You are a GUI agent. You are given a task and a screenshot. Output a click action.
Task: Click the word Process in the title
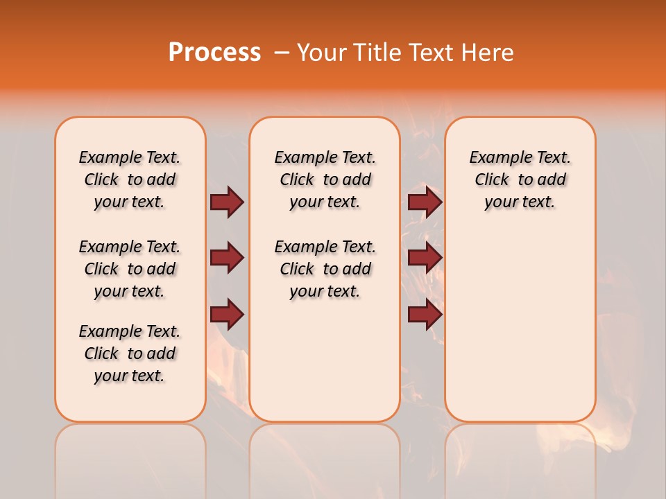tap(214, 52)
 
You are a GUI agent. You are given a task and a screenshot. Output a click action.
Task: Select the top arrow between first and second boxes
tap(227, 202)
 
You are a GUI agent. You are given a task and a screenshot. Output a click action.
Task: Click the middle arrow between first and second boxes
tap(227, 258)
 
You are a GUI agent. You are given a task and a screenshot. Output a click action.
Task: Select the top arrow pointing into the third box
tap(425, 202)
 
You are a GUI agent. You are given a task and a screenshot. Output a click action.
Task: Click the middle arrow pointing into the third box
tap(425, 258)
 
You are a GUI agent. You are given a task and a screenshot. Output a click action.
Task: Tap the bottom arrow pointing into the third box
tap(425, 315)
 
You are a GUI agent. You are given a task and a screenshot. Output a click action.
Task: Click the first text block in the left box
tap(130, 180)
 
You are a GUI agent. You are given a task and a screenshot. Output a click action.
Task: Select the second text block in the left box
tap(130, 269)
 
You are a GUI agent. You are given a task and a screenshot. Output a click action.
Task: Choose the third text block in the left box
tap(130, 353)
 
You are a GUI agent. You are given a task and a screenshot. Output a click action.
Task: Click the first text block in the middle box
tap(325, 180)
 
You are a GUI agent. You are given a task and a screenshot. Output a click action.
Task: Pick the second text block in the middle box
tap(325, 269)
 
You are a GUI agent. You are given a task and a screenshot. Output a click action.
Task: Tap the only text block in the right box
tap(520, 180)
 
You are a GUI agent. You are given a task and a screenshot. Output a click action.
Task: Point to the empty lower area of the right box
tap(520, 326)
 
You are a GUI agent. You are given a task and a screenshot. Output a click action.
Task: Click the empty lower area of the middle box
tap(325, 360)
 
